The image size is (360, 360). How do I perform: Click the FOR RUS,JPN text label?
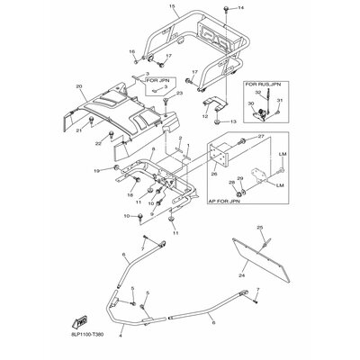263,84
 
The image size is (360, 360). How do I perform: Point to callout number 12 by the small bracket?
204,117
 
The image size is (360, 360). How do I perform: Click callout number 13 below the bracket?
231,121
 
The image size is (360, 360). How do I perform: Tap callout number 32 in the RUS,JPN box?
257,93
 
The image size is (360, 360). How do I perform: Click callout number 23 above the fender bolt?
179,93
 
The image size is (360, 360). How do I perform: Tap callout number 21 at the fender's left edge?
80,131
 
